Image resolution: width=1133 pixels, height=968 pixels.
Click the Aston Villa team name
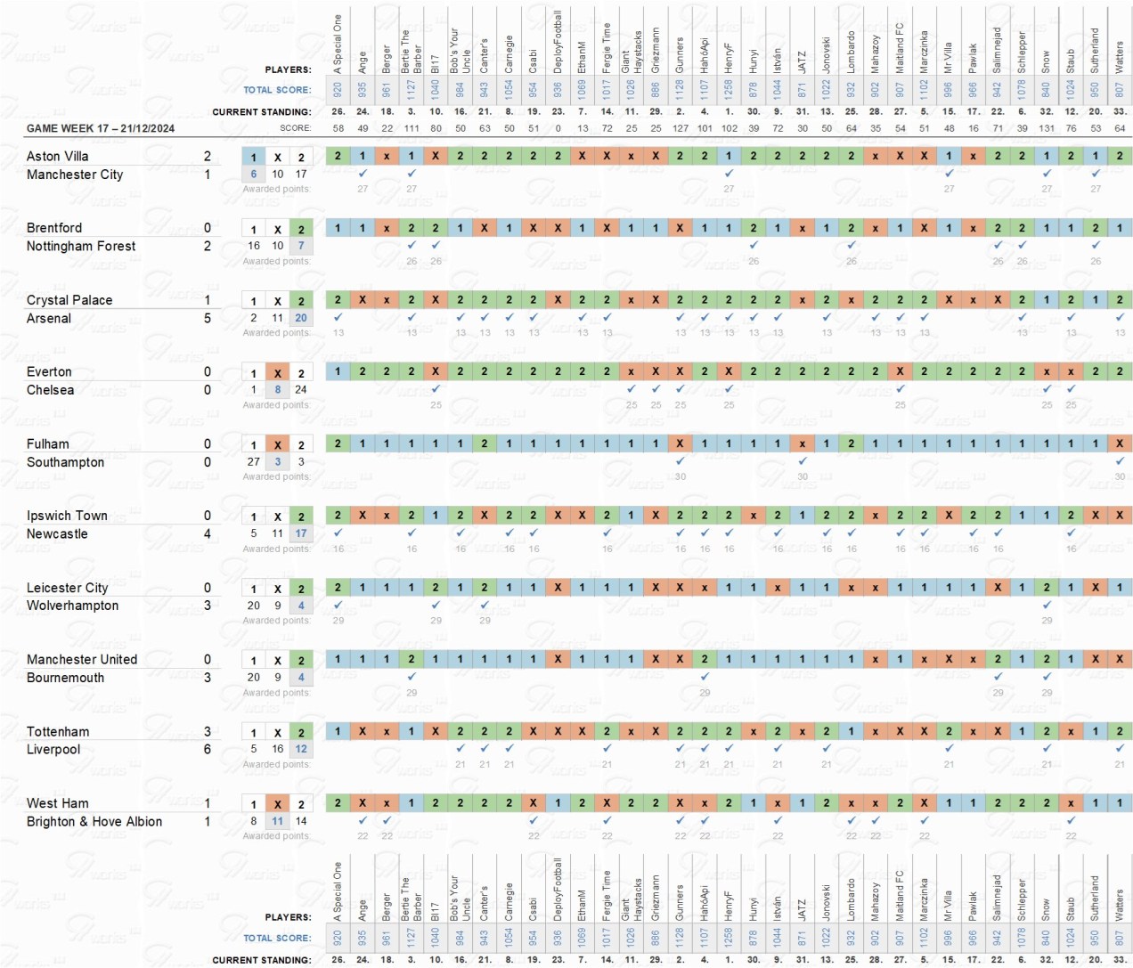[x=58, y=156]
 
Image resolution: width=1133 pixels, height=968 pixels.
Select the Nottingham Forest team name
[x=81, y=246]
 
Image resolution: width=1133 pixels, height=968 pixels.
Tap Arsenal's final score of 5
[x=208, y=318]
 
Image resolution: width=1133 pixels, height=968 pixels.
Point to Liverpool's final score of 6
[x=208, y=749]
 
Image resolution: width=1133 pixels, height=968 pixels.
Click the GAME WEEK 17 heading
[x=101, y=128]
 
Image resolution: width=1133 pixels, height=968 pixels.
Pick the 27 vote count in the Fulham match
[x=254, y=461]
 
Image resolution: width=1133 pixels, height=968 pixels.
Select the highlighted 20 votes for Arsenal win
[x=301, y=318]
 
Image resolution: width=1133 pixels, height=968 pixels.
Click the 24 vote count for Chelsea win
[x=301, y=389]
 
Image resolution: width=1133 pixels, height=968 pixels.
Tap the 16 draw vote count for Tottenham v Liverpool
[x=278, y=749]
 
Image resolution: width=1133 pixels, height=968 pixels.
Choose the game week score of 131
[x=1047, y=128]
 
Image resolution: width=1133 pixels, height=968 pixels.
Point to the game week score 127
[x=681, y=128]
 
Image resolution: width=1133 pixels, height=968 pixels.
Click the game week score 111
[x=412, y=128]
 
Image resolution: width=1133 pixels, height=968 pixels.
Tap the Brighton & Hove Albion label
[x=94, y=821]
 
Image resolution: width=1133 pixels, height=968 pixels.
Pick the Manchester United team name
[x=82, y=659]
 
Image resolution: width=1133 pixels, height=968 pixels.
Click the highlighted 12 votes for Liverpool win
[x=301, y=749]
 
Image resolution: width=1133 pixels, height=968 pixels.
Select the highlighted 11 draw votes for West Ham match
[x=278, y=821]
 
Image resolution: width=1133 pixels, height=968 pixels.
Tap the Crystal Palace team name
[x=69, y=300]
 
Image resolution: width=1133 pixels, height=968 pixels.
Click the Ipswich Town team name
[x=67, y=516]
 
